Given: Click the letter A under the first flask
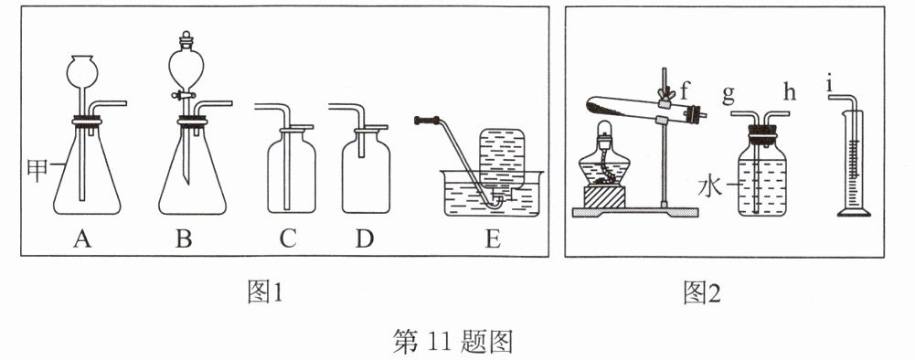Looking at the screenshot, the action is pyautogui.click(x=82, y=238).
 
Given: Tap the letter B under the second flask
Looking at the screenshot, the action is pyautogui.click(x=184, y=238).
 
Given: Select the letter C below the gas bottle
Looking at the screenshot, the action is pyautogui.click(x=288, y=238).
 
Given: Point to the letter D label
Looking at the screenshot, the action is pyautogui.click(x=364, y=238).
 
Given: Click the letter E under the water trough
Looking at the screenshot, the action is pyautogui.click(x=493, y=238).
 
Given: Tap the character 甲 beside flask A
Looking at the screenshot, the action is pyautogui.click(x=37, y=170).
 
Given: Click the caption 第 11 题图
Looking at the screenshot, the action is pyautogui.click(x=452, y=342).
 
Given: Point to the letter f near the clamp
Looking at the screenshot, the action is pyautogui.click(x=685, y=91).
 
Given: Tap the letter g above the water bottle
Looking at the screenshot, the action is pyautogui.click(x=729, y=94).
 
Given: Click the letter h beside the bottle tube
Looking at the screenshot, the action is pyautogui.click(x=790, y=92).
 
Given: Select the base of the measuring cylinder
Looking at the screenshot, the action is pyautogui.click(x=854, y=213).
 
